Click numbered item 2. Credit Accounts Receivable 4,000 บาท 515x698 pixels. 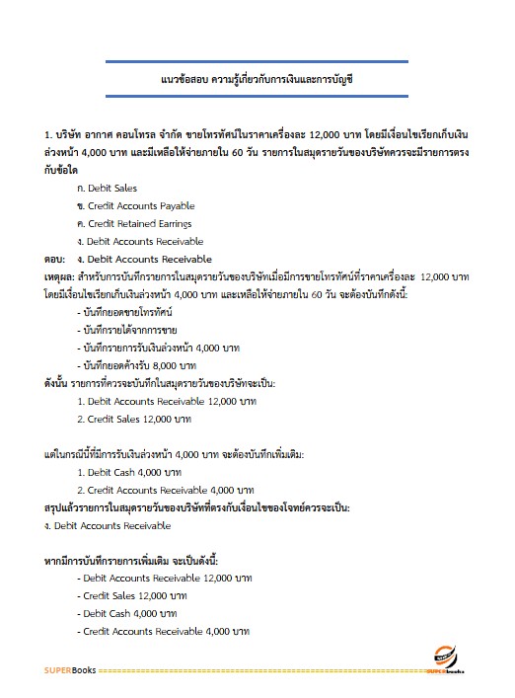[x=159, y=490]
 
